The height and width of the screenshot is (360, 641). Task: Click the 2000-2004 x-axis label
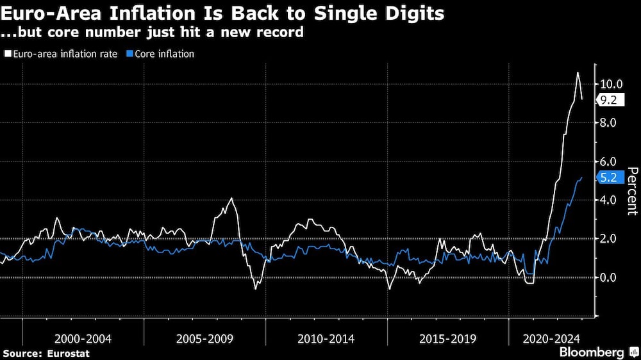click(83, 338)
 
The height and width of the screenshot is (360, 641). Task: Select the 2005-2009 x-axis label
click(204, 338)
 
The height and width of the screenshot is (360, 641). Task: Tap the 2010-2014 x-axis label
click(326, 338)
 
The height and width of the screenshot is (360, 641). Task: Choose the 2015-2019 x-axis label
click(447, 338)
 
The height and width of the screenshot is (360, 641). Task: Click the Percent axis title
click(631, 190)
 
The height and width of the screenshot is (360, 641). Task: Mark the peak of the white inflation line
click(578, 72)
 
